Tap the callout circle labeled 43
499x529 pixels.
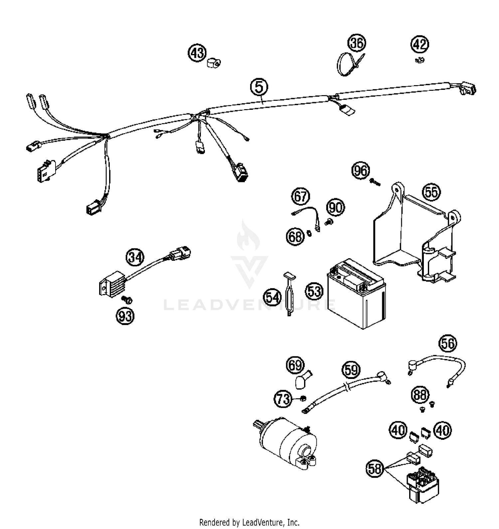pos(197,53)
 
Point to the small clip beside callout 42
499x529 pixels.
pos(420,61)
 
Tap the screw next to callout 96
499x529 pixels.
pos(375,182)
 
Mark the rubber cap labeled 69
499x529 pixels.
pos(301,381)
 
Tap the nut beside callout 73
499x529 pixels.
pos(303,398)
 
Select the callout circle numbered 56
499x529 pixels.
pos(447,343)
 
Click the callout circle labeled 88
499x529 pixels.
pos(420,395)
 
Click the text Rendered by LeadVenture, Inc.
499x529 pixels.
pos(249,522)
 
